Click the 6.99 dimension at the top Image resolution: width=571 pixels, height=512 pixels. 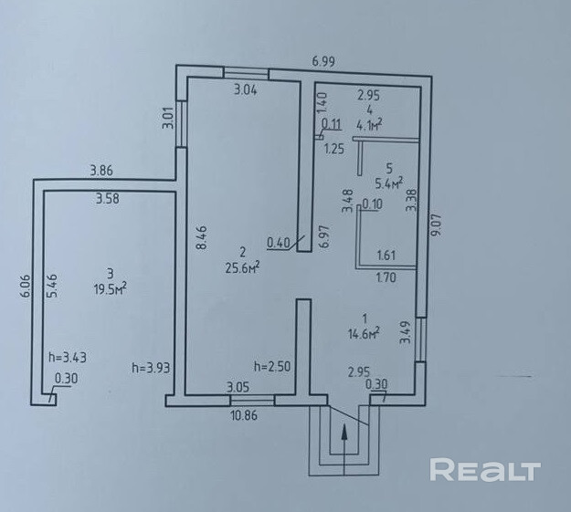[324, 61]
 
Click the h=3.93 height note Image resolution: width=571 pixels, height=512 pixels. [152, 368]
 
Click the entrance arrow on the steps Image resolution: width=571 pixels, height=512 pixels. [344, 445]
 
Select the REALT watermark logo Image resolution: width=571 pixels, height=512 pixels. [485, 471]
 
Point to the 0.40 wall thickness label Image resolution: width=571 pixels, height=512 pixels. [278, 242]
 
